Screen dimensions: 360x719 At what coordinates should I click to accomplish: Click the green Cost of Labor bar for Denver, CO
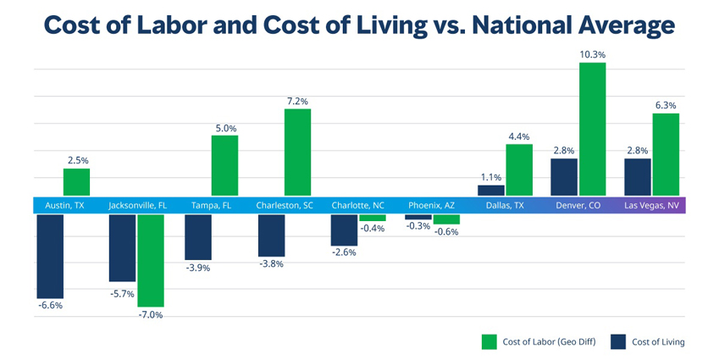tap(592, 129)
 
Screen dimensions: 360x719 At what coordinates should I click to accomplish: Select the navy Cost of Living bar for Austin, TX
tap(49, 255)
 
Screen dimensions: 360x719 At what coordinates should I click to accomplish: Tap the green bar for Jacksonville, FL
tap(151, 260)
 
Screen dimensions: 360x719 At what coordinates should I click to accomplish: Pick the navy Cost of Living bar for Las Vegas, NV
tap(637, 177)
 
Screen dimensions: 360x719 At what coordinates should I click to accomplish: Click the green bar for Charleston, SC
tap(297, 152)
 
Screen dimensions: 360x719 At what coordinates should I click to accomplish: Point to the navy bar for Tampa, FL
tap(198, 236)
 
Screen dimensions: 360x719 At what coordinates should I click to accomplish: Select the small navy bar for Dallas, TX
tap(490, 191)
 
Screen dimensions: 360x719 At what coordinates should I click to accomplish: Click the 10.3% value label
tap(592, 54)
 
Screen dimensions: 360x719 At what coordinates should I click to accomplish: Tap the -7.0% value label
tap(150, 315)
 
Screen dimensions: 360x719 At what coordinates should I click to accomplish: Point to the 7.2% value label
tap(297, 101)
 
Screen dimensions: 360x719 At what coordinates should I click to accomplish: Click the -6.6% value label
tap(50, 305)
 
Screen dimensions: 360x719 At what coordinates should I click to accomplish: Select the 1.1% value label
tap(491, 177)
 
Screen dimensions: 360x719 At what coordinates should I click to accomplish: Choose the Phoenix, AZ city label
tap(431, 206)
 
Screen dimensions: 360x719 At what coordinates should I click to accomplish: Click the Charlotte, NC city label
tap(357, 206)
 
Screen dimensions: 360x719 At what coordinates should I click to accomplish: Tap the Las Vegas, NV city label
tap(650, 206)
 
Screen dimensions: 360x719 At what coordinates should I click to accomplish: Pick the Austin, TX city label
tap(64, 206)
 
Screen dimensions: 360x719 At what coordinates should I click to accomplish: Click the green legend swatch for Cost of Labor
tap(489, 341)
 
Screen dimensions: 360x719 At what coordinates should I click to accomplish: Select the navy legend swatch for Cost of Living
tap(618, 341)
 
